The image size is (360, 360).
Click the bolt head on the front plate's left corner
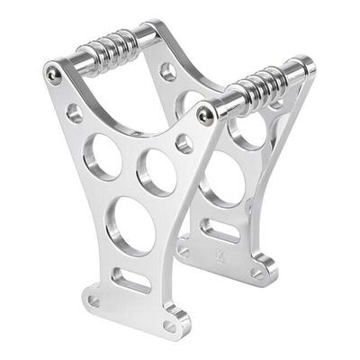[54, 76]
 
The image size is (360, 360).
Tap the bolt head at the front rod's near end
[206, 113]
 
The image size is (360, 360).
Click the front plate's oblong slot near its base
[131, 280]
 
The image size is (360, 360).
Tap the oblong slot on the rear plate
[221, 230]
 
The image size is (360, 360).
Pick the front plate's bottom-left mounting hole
[94, 301]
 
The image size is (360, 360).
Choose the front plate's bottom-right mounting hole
[171, 326]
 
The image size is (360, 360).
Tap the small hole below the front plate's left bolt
[75, 112]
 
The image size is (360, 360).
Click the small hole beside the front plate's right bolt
[184, 143]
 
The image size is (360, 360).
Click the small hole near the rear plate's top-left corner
[168, 71]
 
